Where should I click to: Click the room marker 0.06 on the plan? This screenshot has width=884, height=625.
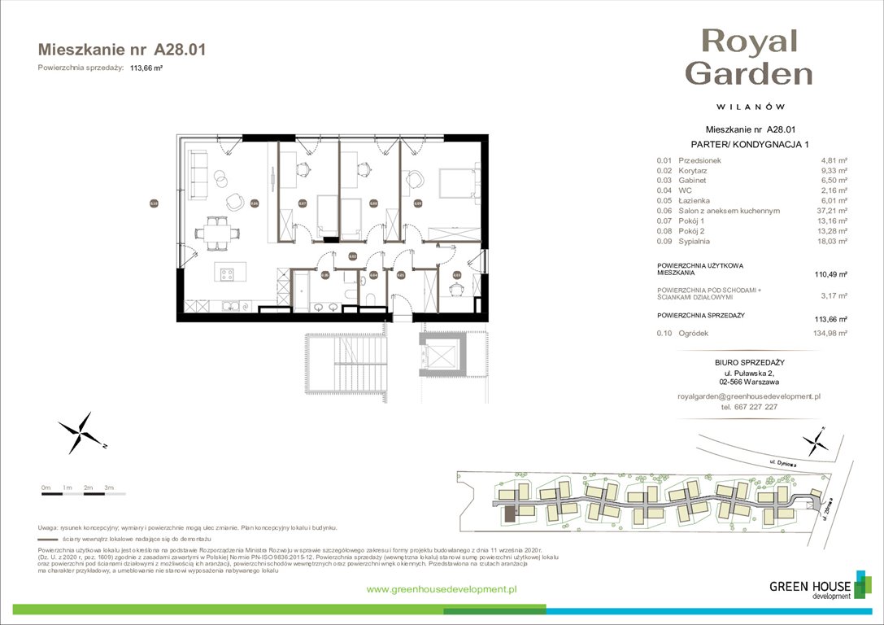pyautogui.click(x=255, y=203)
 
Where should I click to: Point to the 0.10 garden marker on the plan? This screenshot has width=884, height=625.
pyautogui.click(x=154, y=203)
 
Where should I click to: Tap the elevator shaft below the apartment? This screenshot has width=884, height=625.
pyautogui.click(x=440, y=352)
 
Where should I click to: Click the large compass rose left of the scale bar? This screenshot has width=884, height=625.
pyautogui.click(x=80, y=433)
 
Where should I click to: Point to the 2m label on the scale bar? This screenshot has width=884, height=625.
pyautogui.click(x=87, y=487)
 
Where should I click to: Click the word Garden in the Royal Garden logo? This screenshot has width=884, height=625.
pyautogui.click(x=749, y=73)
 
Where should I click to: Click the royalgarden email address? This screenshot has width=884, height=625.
pyautogui.click(x=749, y=396)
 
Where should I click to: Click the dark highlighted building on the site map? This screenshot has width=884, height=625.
pyautogui.click(x=510, y=514)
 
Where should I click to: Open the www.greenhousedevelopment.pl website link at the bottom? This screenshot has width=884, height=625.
pyautogui.click(x=442, y=589)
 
